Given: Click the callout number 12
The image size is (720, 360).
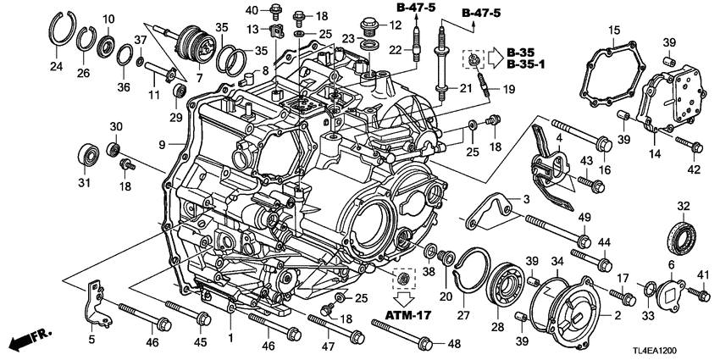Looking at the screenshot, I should click(x=395, y=26).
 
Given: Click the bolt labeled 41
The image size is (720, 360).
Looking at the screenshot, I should click(x=697, y=294).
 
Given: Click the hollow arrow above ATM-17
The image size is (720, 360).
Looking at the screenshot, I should click(x=404, y=298).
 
